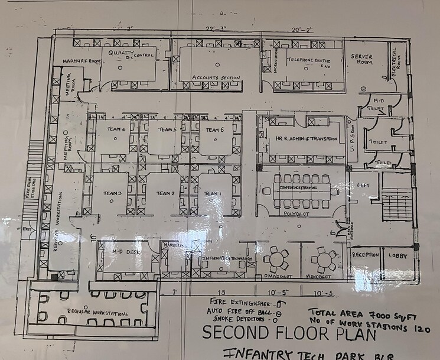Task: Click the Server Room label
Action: pyautogui.click(x=361, y=59)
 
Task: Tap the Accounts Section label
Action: pyautogui.click(x=216, y=77)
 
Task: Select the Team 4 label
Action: pyautogui.click(x=116, y=129)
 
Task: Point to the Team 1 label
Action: pyautogui.click(x=213, y=193)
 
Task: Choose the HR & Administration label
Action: pyautogui.click(x=305, y=139)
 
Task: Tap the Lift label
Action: pyautogui.click(x=363, y=186)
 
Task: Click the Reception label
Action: pyautogui.click(x=365, y=255)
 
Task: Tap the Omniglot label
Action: pyautogui.click(x=275, y=275)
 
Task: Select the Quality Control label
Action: pyautogui.click(x=131, y=54)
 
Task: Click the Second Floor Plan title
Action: pyautogui.click(x=289, y=333)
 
